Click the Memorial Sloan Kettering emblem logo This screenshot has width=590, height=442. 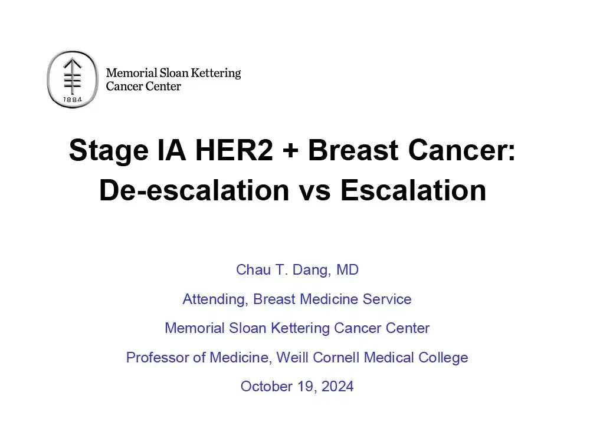pyautogui.click(x=71, y=79)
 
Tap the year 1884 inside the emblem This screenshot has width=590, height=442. pyautogui.click(x=72, y=100)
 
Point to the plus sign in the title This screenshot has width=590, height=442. pyautogui.click(x=290, y=152)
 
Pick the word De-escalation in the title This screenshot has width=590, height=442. pyautogui.click(x=194, y=190)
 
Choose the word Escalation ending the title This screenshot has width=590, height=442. pyautogui.click(x=413, y=190)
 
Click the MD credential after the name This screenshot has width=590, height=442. pyautogui.click(x=348, y=270)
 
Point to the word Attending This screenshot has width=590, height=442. pyautogui.click(x=214, y=299)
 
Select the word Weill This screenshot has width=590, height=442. pyautogui.click(x=293, y=357)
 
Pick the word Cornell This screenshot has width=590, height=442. pyautogui.click(x=336, y=357)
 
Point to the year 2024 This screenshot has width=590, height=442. pyautogui.click(x=337, y=386)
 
